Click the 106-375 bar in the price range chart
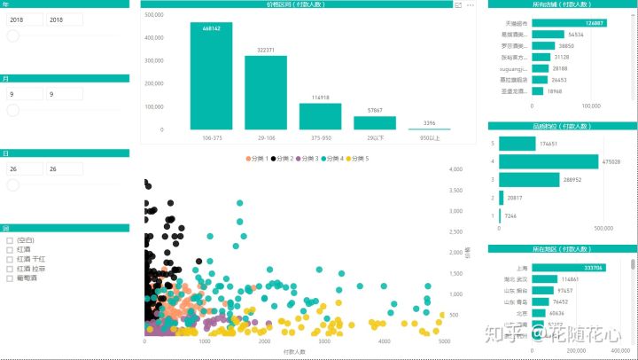(211, 78)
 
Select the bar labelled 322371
(265, 93)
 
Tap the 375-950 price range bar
(320, 117)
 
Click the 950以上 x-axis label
(429, 138)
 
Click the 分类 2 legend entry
(282, 159)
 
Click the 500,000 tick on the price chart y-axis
(152, 15)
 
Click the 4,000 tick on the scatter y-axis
(457, 169)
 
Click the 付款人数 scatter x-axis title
(295, 352)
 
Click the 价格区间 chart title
(294, 4)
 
